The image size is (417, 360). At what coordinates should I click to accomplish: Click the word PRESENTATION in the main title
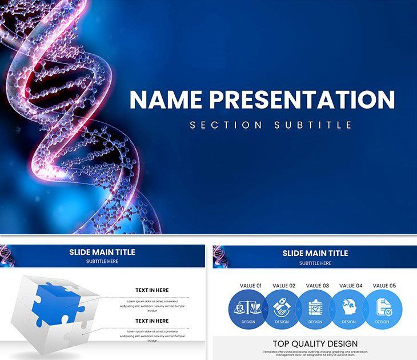pos(302,99)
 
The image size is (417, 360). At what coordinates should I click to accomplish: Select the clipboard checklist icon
pos(315,307)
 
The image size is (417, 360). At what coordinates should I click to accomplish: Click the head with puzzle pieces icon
pos(348,307)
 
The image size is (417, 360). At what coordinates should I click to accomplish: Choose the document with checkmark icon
pos(383,307)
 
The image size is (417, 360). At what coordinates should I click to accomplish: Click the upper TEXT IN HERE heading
pos(151,290)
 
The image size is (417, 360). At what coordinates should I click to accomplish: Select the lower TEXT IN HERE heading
pos(151,321)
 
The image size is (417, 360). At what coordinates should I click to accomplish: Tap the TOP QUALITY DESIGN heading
pos(315,343)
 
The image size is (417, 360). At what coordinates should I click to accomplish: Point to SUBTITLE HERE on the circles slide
pos(315,263)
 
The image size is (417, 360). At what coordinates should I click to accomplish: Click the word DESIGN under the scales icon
pos(248,322)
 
